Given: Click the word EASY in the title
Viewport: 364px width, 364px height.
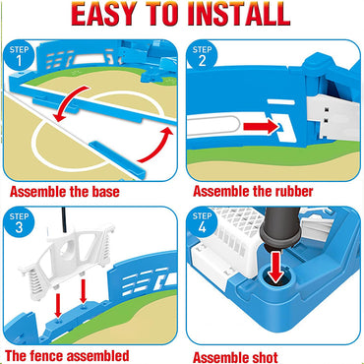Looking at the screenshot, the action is pos(104,14).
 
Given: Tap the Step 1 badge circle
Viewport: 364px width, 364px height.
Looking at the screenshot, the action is pos(19,56).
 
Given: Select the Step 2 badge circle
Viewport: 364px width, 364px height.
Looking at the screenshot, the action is pos(202,56).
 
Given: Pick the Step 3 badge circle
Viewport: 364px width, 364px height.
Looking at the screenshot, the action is pos(19,222).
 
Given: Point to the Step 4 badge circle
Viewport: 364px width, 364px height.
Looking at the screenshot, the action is pos(202,222).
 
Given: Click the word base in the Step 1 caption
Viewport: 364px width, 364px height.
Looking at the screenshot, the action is pos(105,192).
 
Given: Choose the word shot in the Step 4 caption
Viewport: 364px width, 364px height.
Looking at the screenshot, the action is pos(264,357).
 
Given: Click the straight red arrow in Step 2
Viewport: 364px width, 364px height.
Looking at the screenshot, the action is pos(261,127).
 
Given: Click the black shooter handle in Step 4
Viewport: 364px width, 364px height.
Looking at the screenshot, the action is pos(280,228).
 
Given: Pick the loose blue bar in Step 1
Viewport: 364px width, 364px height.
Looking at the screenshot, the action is pos(116,160).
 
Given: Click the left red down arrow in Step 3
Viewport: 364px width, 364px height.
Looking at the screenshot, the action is pos(58,305).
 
